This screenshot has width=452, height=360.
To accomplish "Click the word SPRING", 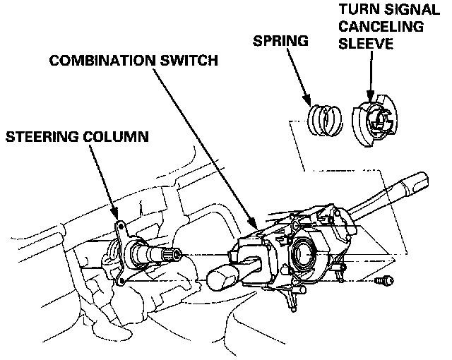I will tap(280, 40).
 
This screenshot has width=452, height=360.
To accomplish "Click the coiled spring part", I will tap(324, 119).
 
